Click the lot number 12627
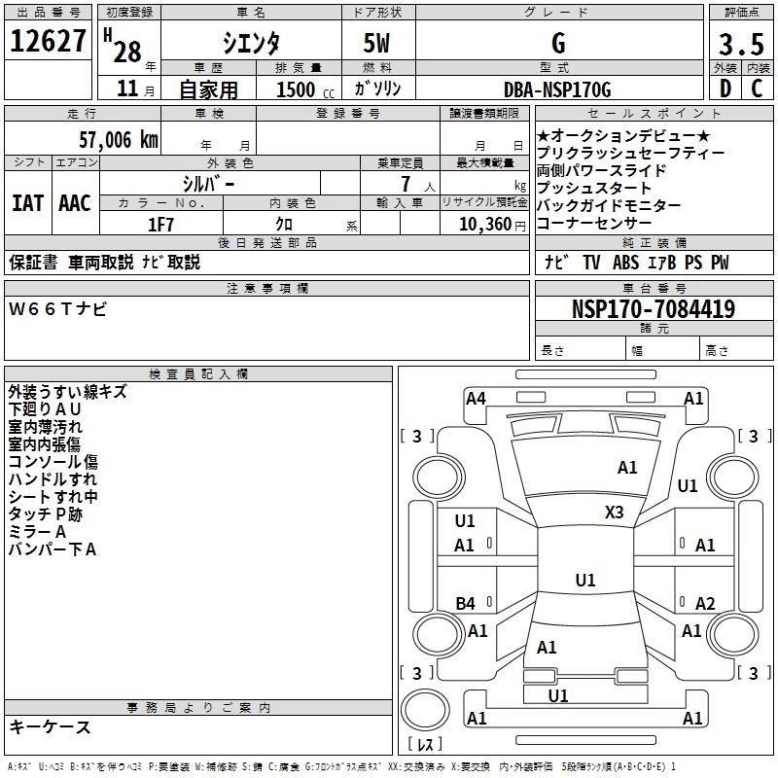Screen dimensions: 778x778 [48, 43]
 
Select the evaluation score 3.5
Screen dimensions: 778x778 [738, 45]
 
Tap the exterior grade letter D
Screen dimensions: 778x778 [724, 89]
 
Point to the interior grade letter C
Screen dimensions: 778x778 [756, 89]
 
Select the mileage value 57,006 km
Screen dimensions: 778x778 [107, 140]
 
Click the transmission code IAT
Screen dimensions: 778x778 [27, 203]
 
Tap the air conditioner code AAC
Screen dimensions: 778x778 [74, 203]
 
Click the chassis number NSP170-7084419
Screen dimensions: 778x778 [654, 310]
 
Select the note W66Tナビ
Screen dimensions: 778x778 [58, 309]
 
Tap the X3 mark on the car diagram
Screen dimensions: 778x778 [615, 512]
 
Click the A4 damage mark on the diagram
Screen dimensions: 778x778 [476, 398]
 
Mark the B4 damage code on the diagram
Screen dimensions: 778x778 [465, 604]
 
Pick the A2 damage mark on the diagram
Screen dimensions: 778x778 [706, 604]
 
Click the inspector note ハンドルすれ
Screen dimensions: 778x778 [53, 479]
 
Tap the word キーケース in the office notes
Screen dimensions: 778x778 [50, 727]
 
